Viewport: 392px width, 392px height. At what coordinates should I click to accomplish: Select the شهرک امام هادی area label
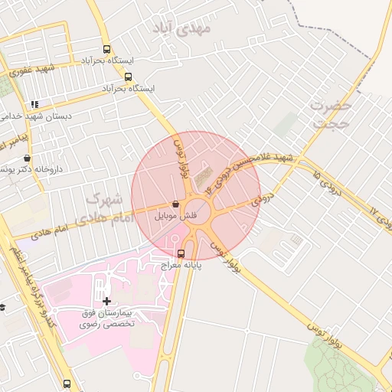106,207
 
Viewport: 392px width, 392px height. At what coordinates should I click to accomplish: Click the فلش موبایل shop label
177,216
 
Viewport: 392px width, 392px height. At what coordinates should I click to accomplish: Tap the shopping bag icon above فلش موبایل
177,204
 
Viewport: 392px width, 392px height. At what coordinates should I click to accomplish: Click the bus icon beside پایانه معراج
181,253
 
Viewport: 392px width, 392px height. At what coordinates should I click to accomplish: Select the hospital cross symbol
106,300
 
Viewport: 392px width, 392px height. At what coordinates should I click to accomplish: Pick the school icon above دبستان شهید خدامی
34,104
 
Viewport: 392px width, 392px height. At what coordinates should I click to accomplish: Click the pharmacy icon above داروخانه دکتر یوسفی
27,158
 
